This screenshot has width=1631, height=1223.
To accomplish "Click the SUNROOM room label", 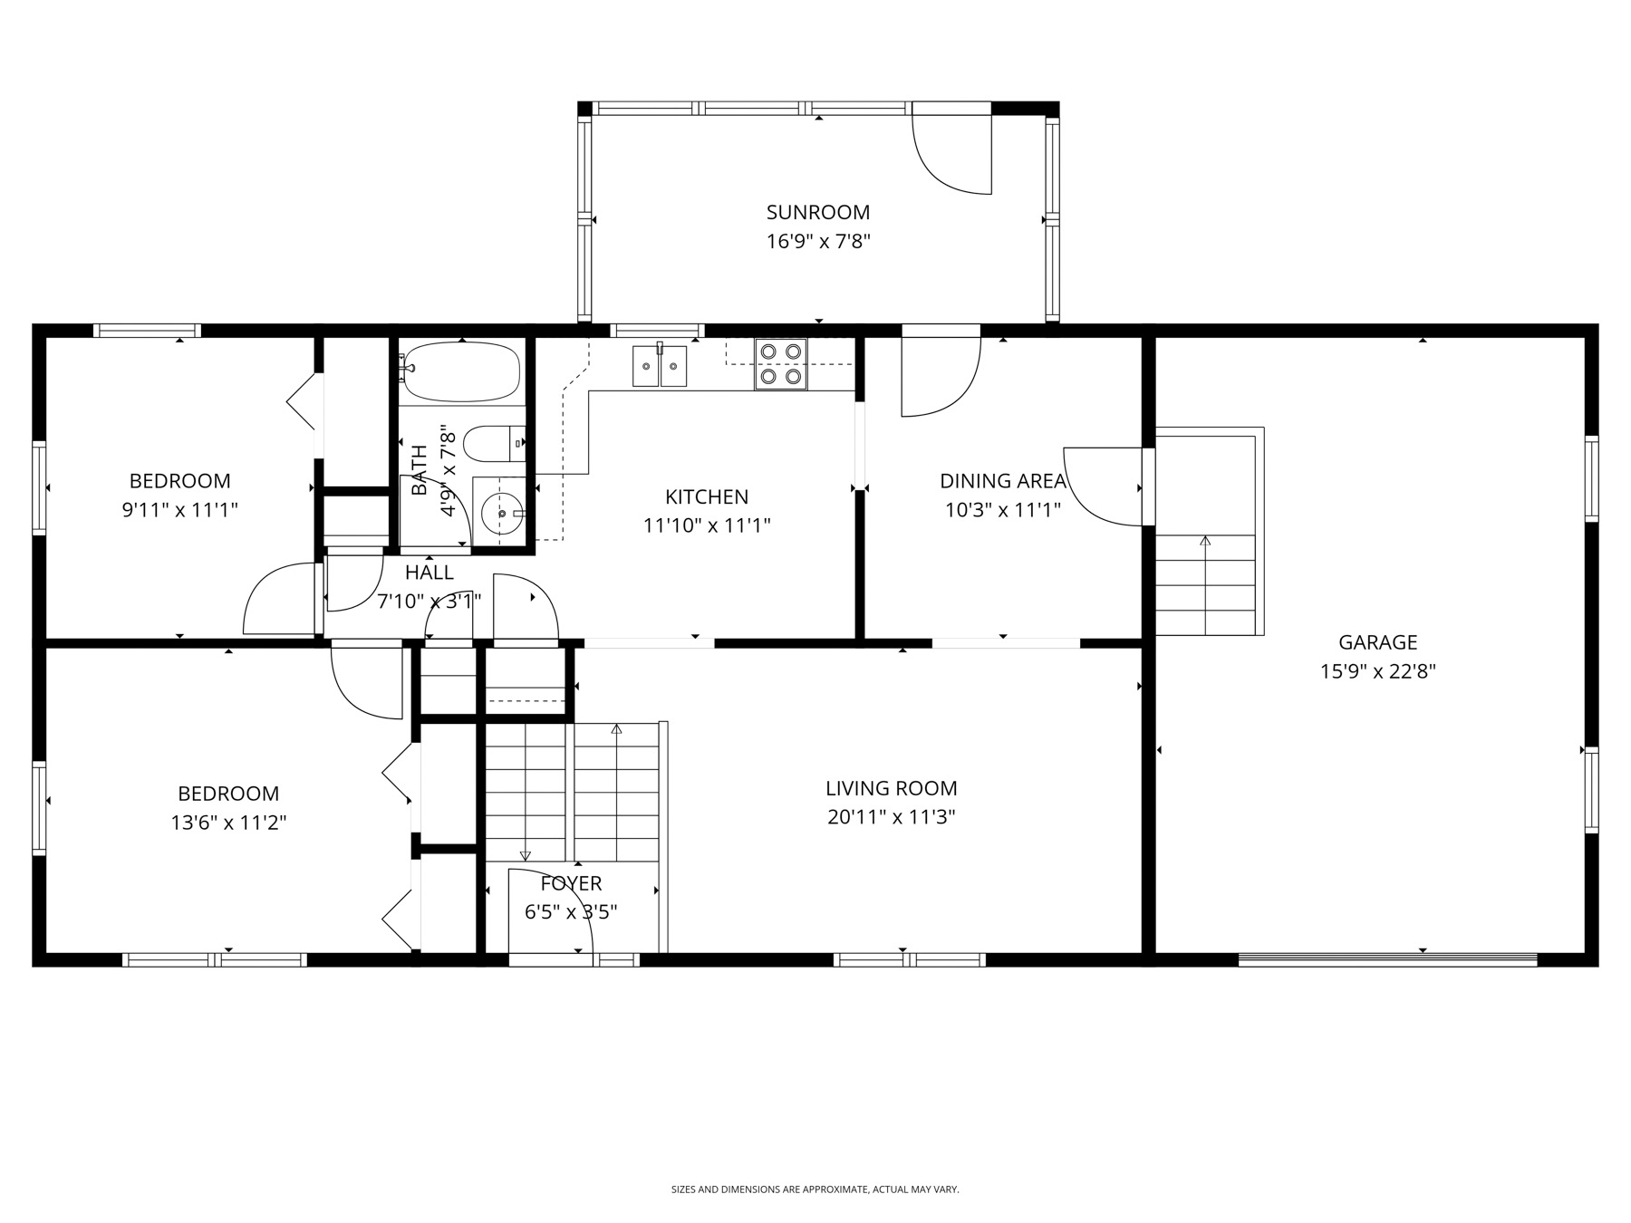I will point(817,212).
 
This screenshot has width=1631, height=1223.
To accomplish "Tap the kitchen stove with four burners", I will point(780,363).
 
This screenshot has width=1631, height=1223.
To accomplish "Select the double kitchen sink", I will point(659,365).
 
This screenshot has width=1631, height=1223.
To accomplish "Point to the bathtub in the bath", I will point(461,371).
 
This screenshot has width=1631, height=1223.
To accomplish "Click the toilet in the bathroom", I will point(492,444).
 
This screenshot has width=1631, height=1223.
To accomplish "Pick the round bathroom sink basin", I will point(500,514).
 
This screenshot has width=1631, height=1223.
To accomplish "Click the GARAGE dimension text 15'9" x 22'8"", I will point(1377,671).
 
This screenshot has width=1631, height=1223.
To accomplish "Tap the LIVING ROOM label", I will point(891,788).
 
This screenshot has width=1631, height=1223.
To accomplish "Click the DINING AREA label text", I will point(1002,481).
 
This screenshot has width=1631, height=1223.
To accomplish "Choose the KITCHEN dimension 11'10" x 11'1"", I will point(707,525).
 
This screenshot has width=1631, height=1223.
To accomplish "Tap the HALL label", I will point(429,573).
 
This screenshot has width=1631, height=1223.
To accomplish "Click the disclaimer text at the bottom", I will point(815,1189).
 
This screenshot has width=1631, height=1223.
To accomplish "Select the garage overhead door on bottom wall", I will point(1386,958).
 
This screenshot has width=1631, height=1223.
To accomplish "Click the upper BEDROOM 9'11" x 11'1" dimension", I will point(179,510).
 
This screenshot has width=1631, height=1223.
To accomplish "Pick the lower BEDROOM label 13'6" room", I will point(228,794).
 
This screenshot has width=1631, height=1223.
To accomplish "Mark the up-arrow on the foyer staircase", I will point(616,728).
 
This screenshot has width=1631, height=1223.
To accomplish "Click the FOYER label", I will point(571,883).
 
